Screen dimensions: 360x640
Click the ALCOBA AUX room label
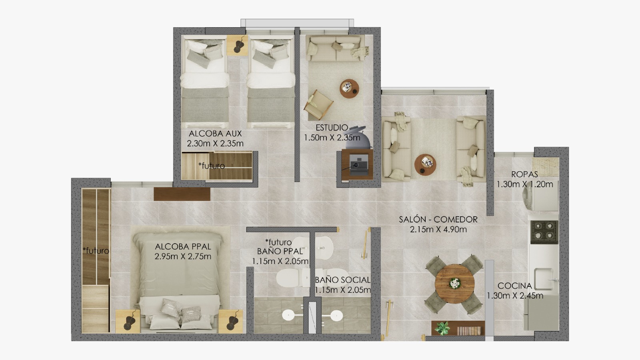coord(215,134)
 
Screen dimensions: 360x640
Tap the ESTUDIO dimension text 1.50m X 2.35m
coord(332,138)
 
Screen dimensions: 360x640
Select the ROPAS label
coord(524,174)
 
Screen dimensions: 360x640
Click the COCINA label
coord(515,286)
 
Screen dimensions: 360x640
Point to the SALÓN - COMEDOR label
coord(438,220)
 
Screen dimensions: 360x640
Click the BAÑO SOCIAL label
coord(342,280)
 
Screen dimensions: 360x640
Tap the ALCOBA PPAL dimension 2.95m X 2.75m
coord(183,256)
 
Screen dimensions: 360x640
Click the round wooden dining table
coord(454,284)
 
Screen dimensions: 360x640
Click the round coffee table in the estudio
coord(349,88)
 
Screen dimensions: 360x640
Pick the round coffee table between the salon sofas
coord(425,164)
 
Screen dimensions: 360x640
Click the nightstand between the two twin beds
coord(237,45)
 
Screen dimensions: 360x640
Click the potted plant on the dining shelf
coord(442,328)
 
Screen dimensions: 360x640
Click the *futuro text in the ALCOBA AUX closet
coord(212,166)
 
